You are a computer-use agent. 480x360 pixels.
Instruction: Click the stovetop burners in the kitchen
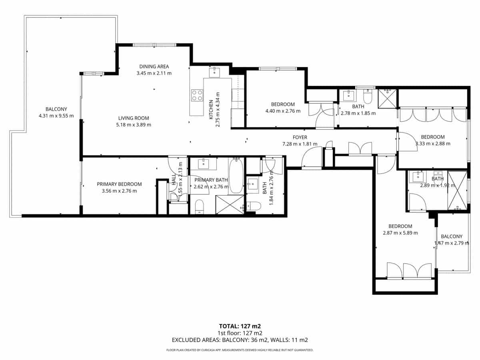(197, 95)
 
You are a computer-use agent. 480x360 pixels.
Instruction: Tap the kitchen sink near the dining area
(214, 72)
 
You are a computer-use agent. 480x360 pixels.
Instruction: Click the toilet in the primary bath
(200, 206)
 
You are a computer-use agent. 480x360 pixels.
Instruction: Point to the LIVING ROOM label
(134, 118)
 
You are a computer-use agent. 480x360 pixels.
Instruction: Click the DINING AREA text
(154, 66)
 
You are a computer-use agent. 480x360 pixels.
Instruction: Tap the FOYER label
(300, 137)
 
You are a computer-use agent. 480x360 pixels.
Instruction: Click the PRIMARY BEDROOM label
(119, 184)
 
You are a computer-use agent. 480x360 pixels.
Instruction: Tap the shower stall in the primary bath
(230, 205)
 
